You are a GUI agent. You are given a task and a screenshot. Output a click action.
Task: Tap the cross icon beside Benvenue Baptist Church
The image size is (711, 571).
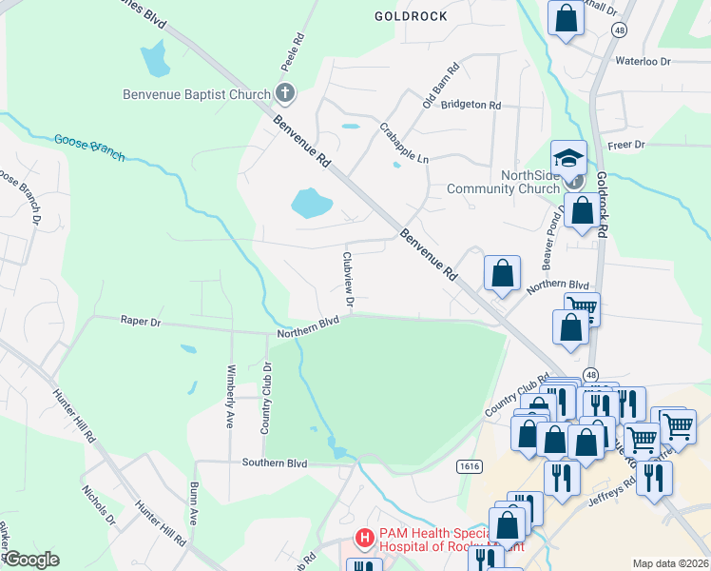coord(284,93)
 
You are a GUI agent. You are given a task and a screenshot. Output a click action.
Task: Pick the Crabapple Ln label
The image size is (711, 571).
coord(404,143)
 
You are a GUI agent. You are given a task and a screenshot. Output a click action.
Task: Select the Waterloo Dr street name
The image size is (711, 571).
coord(643,61)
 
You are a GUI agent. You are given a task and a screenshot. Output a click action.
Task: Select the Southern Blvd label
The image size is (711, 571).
coord(275,463)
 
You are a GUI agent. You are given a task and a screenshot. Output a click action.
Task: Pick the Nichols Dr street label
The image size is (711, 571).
coord(98,508)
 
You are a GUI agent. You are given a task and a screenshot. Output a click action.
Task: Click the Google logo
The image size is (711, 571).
coord(31,560)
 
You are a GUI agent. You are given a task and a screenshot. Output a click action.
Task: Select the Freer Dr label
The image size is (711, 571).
coord(626,145)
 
